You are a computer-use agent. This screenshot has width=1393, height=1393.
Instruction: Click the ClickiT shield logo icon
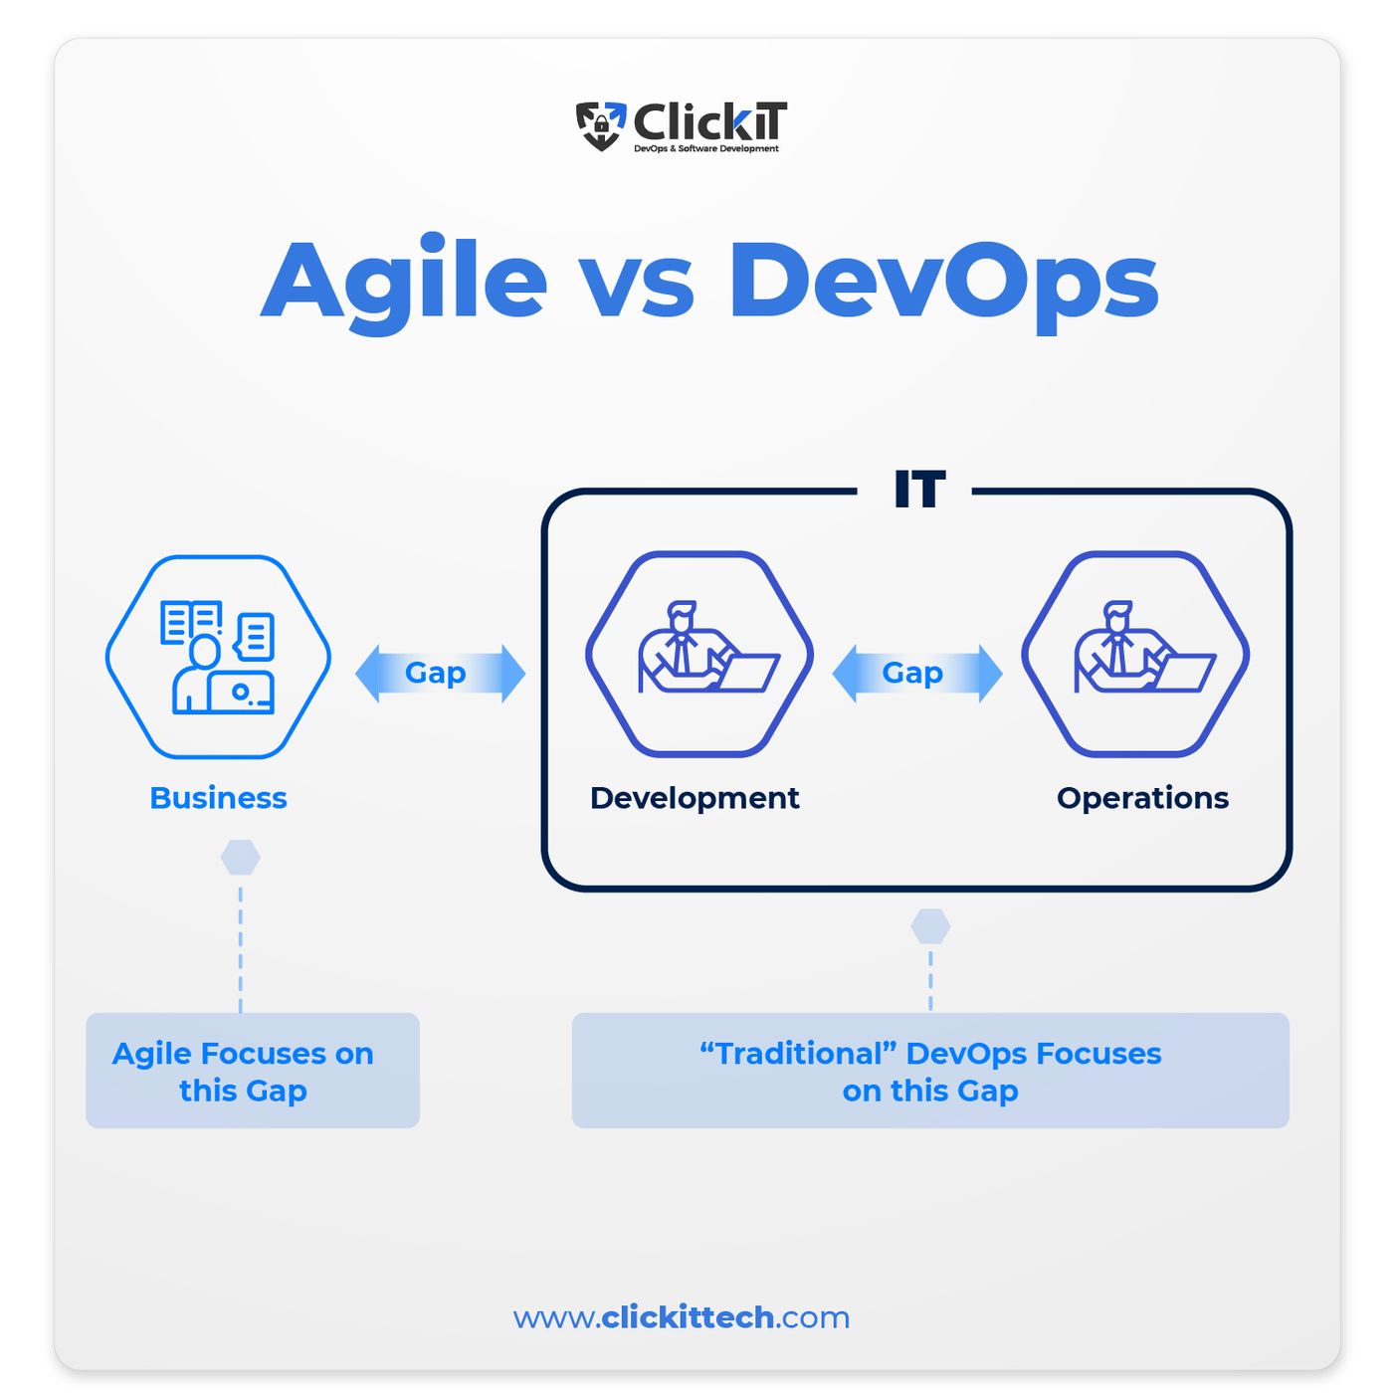(x=600, y=125)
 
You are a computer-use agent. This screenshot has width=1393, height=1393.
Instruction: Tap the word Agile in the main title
(x=403, y=284)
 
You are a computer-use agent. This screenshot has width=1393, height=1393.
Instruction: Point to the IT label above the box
(x=918, y=489)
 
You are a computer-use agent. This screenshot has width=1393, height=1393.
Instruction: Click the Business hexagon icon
(x=218, y=657)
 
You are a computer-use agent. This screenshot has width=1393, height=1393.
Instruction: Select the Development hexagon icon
(x=699, y=654)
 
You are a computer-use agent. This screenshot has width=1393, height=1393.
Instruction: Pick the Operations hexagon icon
(x=1135, y=654)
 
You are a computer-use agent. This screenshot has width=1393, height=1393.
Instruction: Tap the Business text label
(x=218, y=798)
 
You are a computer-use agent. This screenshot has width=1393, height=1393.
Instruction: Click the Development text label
(x=695, y=799)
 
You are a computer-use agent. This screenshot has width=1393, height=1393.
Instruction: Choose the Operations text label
(x=1142, y=799)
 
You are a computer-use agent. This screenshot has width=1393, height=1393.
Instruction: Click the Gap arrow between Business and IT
(x=440, y=673)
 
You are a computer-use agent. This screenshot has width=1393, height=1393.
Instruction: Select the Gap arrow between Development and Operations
(x=917, y=673)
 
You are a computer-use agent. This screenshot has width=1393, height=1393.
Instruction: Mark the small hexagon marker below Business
(x=240, y=858)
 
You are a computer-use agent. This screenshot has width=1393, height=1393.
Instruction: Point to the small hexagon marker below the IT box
(x=929, y=926)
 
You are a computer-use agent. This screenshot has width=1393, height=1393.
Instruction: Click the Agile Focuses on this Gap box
(x=253, y=1070)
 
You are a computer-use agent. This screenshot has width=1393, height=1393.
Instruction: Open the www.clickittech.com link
(x=681, y=1317)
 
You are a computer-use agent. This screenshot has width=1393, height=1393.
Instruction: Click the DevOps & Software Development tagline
(x=706, y=149)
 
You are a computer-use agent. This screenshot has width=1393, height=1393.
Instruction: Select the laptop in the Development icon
(x=744, y=673)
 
